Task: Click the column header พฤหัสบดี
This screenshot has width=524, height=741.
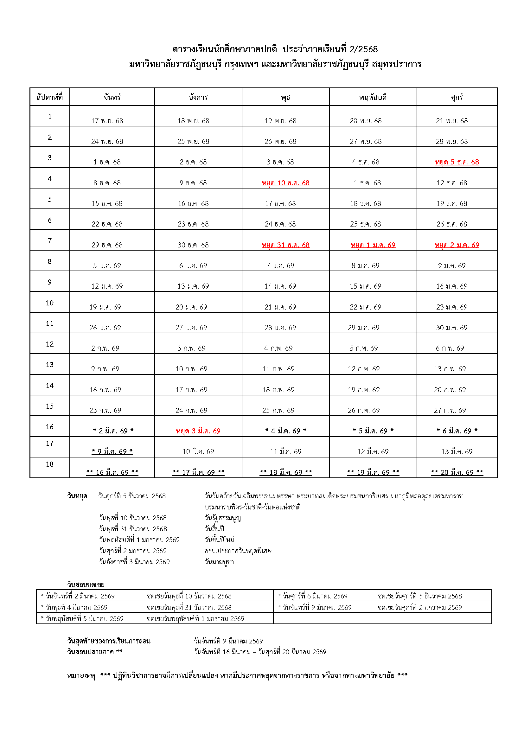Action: coord(373,97)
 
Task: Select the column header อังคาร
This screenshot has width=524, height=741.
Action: coord(198,97)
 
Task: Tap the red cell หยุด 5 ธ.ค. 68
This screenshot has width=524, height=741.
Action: coord(457,162)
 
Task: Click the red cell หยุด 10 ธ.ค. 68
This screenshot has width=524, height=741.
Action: coord(285,183)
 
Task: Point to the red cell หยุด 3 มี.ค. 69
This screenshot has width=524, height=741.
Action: coord(198,431)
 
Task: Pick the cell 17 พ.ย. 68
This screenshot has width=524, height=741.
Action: coord(107,121)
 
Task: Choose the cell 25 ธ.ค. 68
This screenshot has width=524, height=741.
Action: coord(365,224)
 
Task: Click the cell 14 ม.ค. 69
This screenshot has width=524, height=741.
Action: coord(280,286)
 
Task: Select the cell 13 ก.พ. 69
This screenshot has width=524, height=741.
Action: coord(450,369)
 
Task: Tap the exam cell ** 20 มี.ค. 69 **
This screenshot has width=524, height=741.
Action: coord(457,472)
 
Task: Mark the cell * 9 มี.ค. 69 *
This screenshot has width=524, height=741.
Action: coord(112,451)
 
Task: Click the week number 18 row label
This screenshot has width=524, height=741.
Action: coord(50,464)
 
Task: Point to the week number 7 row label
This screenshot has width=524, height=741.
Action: coord(50,241)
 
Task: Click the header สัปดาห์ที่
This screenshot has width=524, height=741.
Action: coord(50,97)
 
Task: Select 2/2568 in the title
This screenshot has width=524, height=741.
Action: coord(363,49)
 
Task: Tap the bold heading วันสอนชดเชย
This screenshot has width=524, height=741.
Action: coord(86,584)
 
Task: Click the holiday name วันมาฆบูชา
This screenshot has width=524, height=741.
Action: coord(219,562)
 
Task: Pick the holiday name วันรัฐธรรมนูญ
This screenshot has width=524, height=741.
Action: coord(223,518)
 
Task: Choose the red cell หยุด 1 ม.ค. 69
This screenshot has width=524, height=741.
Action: coord(373,245)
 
